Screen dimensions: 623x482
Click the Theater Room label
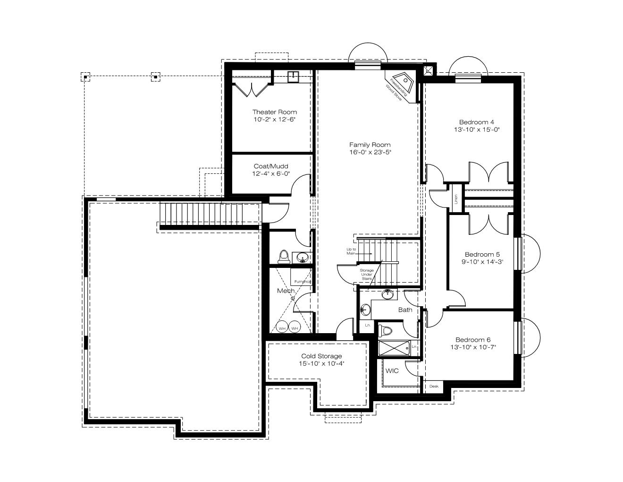pyautogui.click(x=274, y=112)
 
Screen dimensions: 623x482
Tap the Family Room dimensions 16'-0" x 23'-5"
pyautogui.click(x=370, y=152)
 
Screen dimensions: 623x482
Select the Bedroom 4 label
pyautogui.click(x=477, y=122)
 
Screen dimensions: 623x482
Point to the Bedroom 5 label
pyautogui.click(x=482, y=254)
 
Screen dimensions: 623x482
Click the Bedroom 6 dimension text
pyautogui.click(x=473, y=347)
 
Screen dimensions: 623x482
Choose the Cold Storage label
pyautogui.click(x=321, y=356)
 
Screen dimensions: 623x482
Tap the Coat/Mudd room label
pyautogui.click(x=271, y=166)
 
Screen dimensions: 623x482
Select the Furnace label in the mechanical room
pyautogui.click(x=303, y=282)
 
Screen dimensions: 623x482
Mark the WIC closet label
pyautogui.click(x=392, y=370)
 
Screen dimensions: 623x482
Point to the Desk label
pyautogui.click(x=434, y=386)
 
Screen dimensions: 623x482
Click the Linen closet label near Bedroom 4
pyautogui.click(x=456, y=199)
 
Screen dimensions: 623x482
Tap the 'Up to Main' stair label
pyautogui.click(x=351, y=251)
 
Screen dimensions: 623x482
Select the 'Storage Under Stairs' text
pyautogui.click(x=367, y=275)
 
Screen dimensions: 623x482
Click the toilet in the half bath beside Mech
pyautogui.click(x=284, y=257)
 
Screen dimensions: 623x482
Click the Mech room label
pyautogui.click(x=286, y=291)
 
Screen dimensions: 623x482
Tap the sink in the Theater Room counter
pyautogui.click(x=293, y=77)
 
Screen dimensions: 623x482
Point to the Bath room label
pyautogui.click(x=405, y=310)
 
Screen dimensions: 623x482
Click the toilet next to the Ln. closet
pyautogui.click(x=385, y=331)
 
